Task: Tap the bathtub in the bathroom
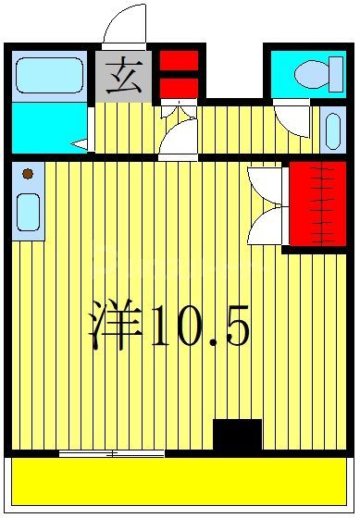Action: click(x=50, y=75)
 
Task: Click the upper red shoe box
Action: click(x=179, y=61)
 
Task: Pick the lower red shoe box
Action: click(x=179, y=87)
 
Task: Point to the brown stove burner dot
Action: click(x=28, y=173)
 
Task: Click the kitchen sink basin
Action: click(x=28, y=213)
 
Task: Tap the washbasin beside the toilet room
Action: click(x=331, y=130)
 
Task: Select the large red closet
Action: click(x=317, y=204)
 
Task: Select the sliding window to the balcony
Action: click(x=111, y=453)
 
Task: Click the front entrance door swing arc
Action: click(x=124, y=25)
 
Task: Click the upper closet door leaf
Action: click(x=267, y=180)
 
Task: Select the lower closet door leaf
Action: click(x=267, y=224)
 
